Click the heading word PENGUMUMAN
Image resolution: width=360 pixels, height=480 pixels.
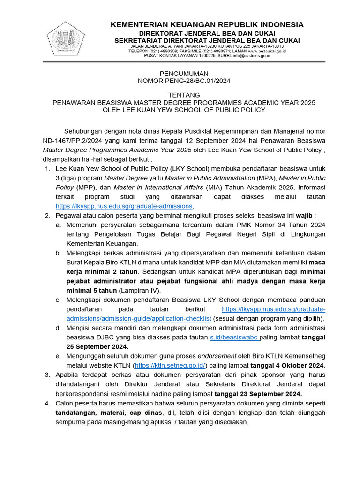click(184, 74)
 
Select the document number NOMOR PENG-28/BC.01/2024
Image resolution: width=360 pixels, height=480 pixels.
click(184, 81)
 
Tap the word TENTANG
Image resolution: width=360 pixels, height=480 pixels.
click(184, 95)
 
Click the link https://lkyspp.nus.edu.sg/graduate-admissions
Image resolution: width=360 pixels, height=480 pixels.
click(124, 206)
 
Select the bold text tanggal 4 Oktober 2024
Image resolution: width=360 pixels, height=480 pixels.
click(287, 365)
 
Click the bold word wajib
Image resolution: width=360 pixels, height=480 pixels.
click(304, 215)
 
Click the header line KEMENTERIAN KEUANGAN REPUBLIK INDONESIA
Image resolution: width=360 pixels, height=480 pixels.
click(207, 24)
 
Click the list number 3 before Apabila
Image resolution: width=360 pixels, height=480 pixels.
click(47, 375)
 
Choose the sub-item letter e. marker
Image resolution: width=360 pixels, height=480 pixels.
click(58, 356)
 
